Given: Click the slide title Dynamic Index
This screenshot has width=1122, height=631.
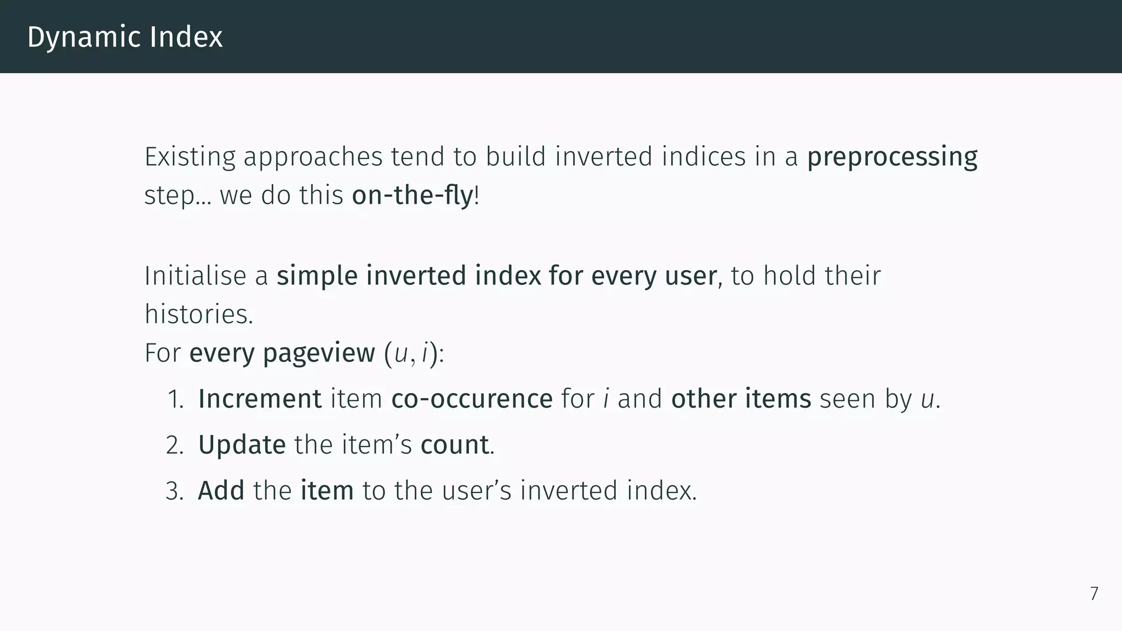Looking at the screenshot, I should coord(125,37).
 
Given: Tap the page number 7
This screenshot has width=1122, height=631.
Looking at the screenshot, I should coord(1094,594).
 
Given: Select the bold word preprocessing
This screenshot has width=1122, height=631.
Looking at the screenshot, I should coord(892,157).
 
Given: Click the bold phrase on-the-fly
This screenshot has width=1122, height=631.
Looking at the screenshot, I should coord(412,196).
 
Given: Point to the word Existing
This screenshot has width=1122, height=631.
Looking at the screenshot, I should coord(190,157).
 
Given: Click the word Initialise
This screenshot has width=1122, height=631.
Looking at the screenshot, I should coord(194,276).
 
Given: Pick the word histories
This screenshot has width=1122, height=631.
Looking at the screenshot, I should coord(198,315).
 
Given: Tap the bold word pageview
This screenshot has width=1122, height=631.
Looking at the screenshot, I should coord(319,353).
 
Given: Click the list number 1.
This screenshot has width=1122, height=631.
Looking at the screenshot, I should coord(175,399).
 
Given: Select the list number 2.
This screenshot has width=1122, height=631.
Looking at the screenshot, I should coord(175,445).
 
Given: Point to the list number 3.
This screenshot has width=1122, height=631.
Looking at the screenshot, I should coord(175,491).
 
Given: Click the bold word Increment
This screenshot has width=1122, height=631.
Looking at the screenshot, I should coord(260,399).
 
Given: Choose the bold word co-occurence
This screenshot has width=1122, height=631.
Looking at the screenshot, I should coord(472,399).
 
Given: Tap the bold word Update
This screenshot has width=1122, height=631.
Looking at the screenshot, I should coord(242,445).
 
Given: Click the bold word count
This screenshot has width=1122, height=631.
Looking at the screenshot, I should coord(454,445).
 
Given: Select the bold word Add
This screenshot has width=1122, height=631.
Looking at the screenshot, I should coord(221,491).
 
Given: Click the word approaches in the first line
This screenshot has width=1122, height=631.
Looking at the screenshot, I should coord(313,158).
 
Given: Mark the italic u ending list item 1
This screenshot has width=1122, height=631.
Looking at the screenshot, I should coord(927,400).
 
